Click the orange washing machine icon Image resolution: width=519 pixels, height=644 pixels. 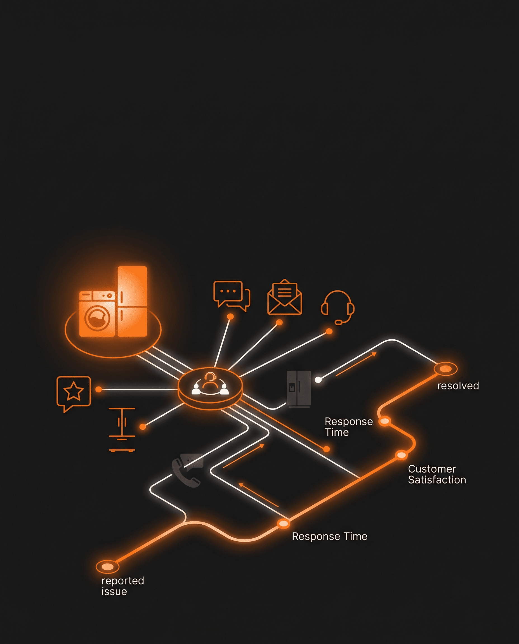tap(97, 314)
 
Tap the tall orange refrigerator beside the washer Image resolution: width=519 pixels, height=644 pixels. tap(132, 301)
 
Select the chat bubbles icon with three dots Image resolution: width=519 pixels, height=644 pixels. tap(232, 296)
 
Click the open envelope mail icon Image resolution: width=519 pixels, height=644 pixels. tap(285, 297)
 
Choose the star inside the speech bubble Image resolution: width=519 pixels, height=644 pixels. tap(74, 391)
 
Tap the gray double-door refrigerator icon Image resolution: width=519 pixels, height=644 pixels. tap(299, 389)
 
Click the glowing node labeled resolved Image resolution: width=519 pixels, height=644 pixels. tap(445, 369)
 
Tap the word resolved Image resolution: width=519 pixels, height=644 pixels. tap(458, 386)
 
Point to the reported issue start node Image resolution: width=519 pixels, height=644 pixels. tap(107, 567)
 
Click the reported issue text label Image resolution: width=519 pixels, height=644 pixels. tap(122, 586)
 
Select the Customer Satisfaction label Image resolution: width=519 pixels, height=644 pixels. tap(437, 474)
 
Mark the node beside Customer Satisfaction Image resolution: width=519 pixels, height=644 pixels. tap(401, 455)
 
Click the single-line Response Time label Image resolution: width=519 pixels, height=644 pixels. tap(329, 536)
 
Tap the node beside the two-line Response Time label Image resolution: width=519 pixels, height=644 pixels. tap(385, 421)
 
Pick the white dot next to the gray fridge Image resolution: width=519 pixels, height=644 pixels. tap(318, 380)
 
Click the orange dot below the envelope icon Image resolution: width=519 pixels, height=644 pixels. tap(279, 322)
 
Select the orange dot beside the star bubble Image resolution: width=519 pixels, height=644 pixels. tap(99, 389)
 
